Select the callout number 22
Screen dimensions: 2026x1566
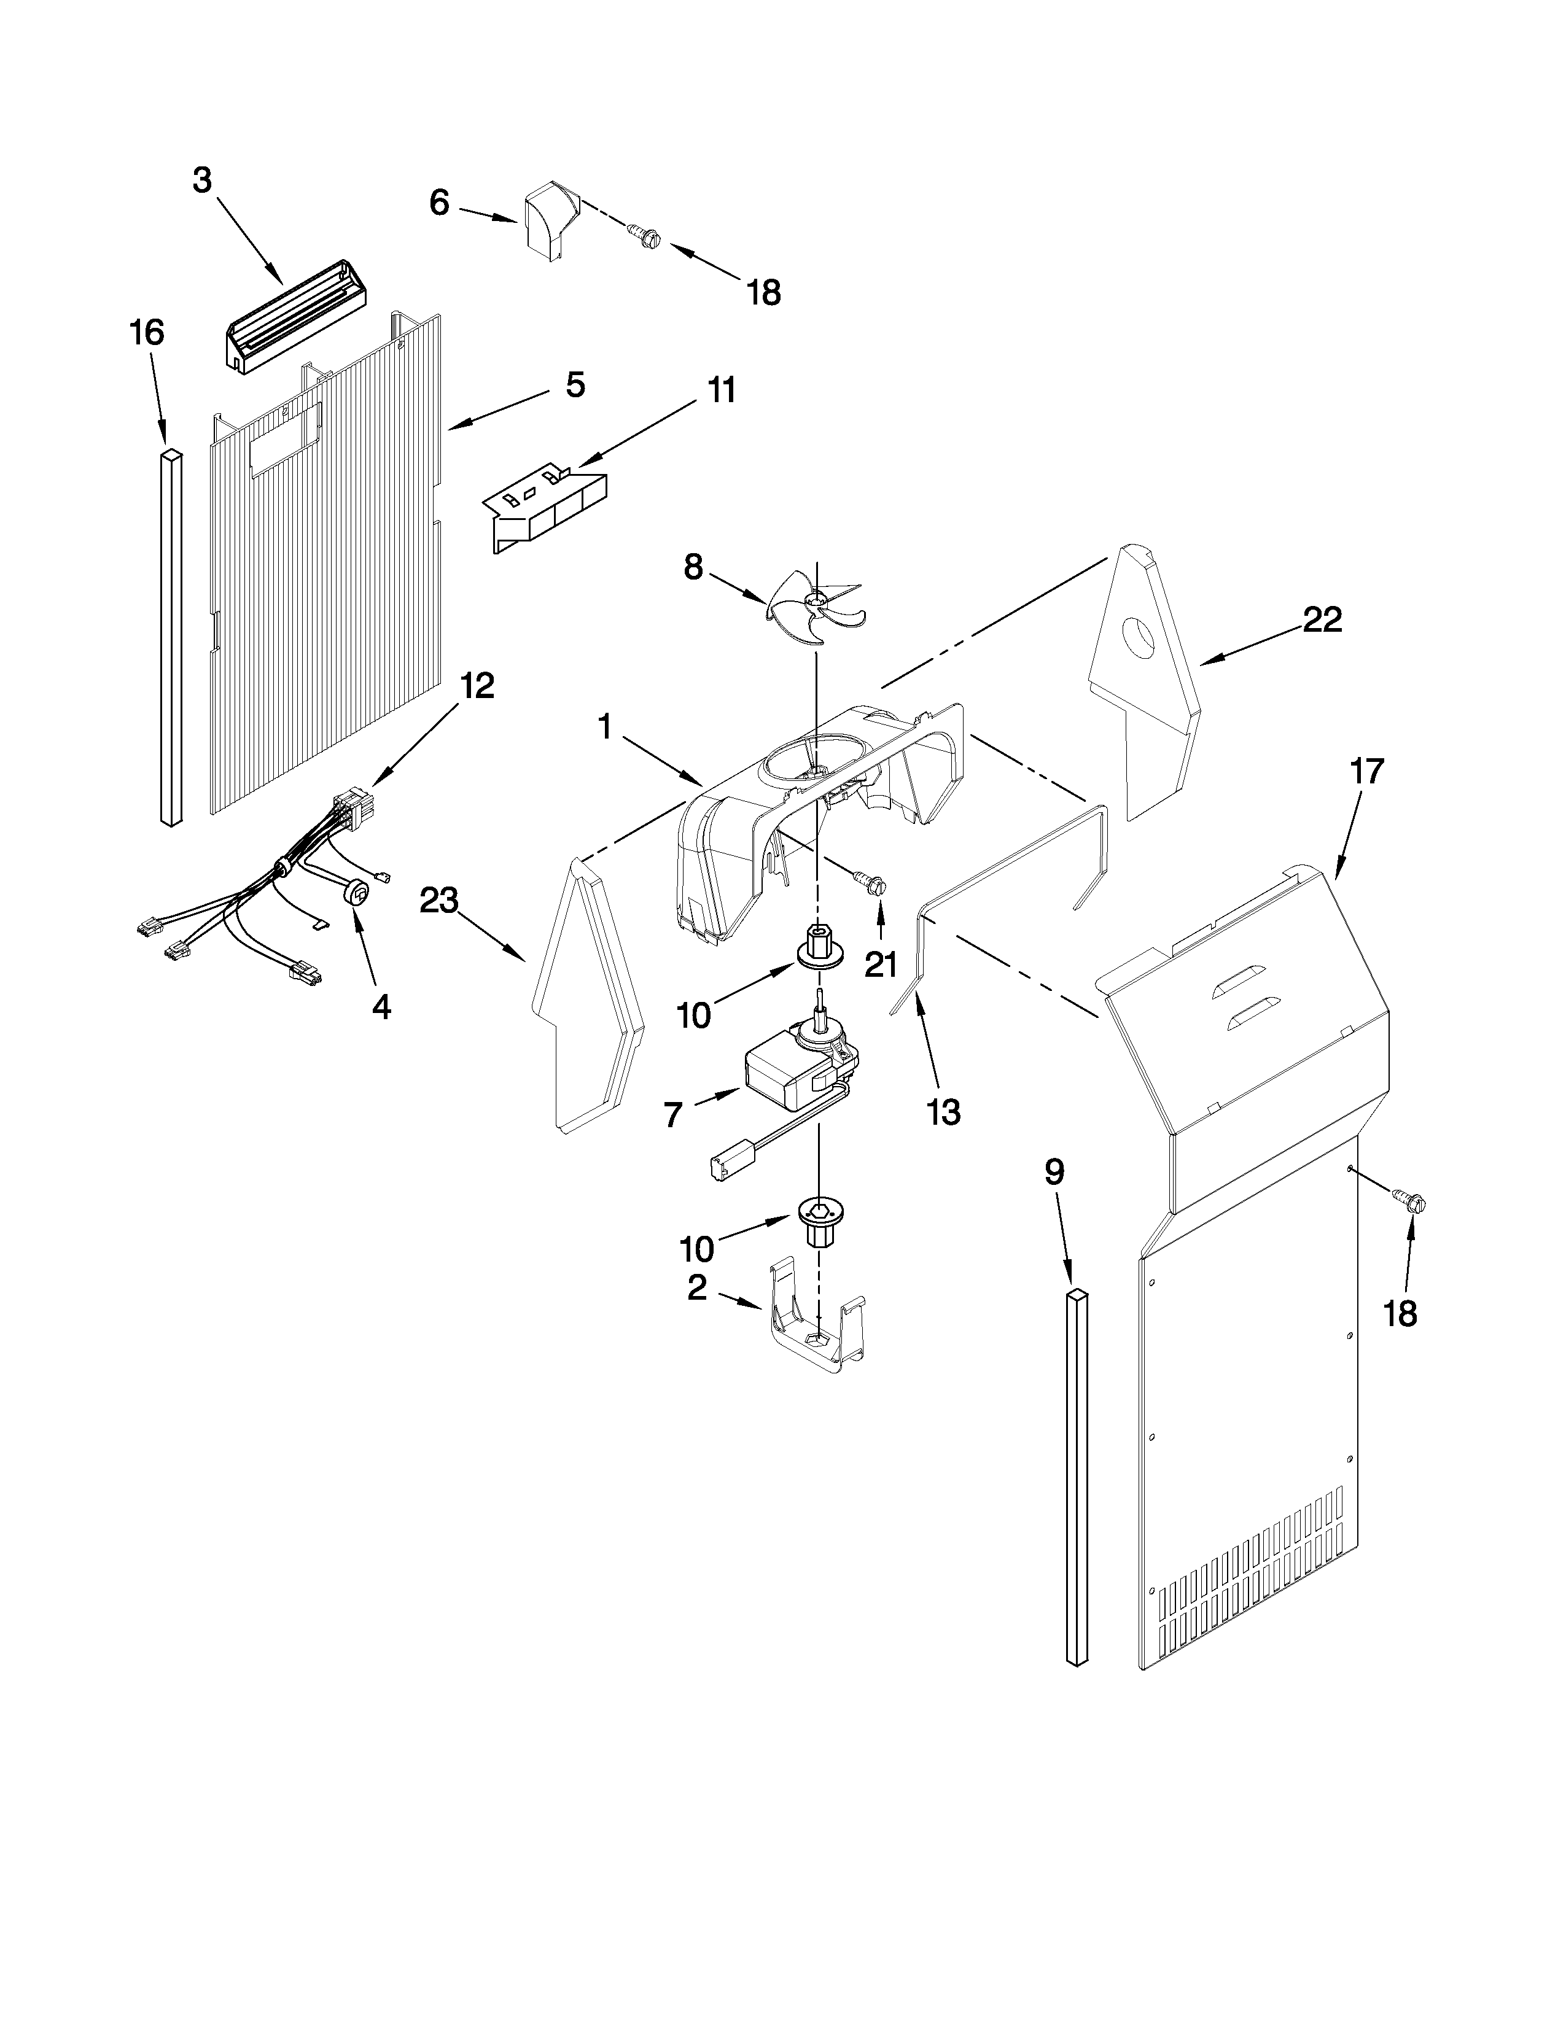coord(1322,619)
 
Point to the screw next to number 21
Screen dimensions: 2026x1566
coord(872,883)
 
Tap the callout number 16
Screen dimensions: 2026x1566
coord(147,332)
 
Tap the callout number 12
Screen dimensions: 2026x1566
coord(477,686)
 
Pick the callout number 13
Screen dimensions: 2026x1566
coord(943,1111)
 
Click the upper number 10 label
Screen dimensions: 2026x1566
coord(694,1015)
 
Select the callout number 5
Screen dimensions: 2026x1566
coord(575,384)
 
